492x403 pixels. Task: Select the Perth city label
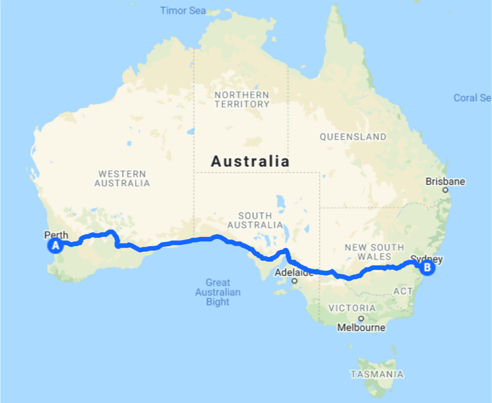point(56,235)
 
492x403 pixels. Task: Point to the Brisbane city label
point(446,181)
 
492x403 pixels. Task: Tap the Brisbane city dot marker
point(446,190)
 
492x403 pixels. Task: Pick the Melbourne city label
point(361,328)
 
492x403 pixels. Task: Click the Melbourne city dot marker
point(361,318)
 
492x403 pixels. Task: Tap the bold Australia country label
point(250,162)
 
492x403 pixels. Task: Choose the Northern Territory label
point(242,99)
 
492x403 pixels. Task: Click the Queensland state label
point(353,137)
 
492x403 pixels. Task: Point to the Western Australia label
point(123,178)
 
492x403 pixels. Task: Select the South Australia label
point(255,220)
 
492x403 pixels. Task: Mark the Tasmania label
point(377,374)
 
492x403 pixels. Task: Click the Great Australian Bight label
point(218,292)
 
